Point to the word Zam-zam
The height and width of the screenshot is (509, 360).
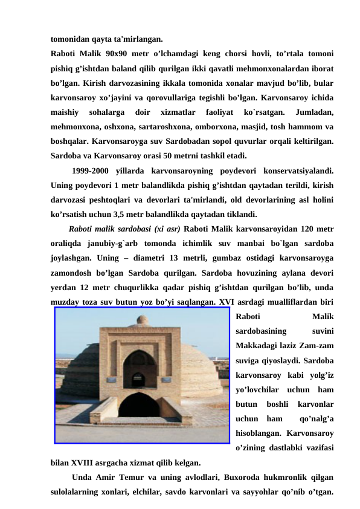tap(318, 346)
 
